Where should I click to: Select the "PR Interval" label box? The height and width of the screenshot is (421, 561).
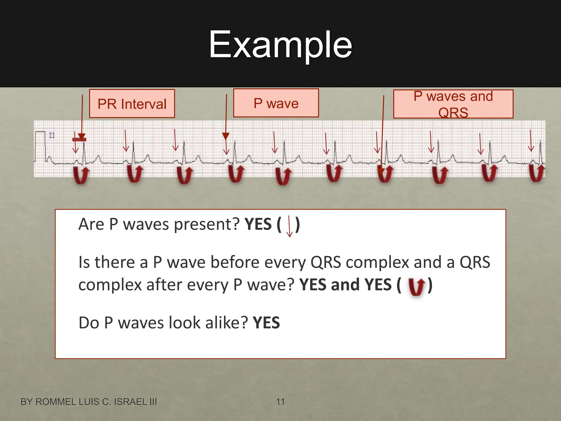click(132, 104)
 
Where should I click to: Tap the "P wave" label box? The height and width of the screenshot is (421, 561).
click(276, 103)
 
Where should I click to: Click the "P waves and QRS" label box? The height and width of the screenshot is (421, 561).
click(453, 104)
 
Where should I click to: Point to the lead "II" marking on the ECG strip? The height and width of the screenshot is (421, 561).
click(52, 135)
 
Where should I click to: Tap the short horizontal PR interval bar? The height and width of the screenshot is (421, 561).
click(79, 140)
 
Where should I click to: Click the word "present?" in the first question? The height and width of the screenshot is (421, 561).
click(207, 224)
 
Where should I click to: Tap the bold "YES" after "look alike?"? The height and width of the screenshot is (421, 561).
click(266, 323)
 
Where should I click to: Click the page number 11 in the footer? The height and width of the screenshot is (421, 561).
click(280, 402)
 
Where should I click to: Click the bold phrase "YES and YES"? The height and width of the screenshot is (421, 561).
click(345, 285)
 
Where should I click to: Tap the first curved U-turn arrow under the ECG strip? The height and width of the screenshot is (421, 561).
click(81, 175)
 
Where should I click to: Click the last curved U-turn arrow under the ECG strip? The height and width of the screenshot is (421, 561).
click(537, 173)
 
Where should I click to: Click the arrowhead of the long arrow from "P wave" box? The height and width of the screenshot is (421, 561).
click(226, 136)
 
